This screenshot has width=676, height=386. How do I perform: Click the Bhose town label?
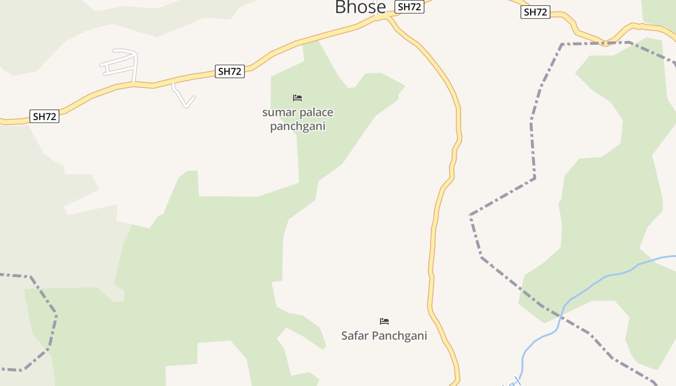(x=360, y=7)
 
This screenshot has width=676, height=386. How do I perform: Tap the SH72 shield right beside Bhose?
(x=409, y=7)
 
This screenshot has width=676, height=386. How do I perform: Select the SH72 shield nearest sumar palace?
(x=229, y=71)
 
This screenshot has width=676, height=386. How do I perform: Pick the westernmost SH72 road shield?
(x=44, y=116)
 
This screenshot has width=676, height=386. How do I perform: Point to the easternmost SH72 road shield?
(x=535, y=12)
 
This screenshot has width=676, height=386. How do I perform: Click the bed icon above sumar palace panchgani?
(x=297, y=98)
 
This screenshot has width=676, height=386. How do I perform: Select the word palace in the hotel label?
(x=316, y=113)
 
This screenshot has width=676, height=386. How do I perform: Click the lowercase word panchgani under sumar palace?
(x=297, y=126)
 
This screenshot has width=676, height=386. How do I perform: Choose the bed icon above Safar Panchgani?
(x=384, y=321)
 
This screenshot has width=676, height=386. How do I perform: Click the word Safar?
(x=354, y=335)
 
